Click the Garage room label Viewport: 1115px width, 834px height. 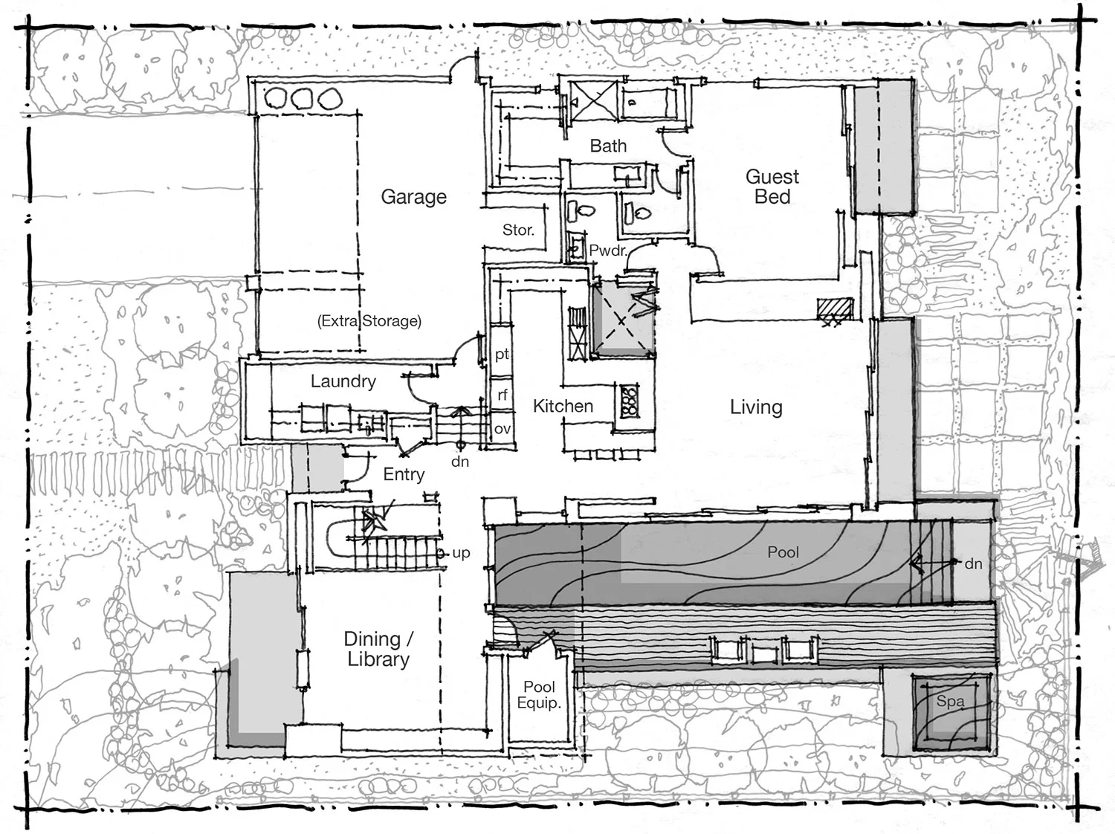pos(413,197)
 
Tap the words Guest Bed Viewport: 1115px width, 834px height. pos(772,187)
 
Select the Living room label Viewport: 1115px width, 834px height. pos(756,407)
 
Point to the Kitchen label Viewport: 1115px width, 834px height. pos(563,406)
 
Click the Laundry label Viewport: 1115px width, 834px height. pos(343,381)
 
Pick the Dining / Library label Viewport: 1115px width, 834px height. pos(378,649)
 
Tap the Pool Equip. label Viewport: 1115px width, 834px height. pos(539,695)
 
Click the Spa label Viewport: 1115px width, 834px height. pos(950,701)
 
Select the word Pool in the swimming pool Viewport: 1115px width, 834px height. pos(783,552)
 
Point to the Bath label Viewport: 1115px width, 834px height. pos(608,146)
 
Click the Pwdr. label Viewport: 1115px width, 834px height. pos(607,251)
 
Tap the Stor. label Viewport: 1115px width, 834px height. pos(518,230)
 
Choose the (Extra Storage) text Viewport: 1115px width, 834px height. pos(369,321)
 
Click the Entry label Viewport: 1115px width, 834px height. pos(404,474)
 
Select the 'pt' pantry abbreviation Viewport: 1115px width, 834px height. pos(502,355)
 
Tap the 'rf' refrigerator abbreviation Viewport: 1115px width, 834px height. pos(502,395)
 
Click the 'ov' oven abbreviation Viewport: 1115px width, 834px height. pos(502,429)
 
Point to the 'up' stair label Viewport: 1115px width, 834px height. pos(461,553)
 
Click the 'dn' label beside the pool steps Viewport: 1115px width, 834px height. pos(973,564)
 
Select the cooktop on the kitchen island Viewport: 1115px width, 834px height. pos(629,401)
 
